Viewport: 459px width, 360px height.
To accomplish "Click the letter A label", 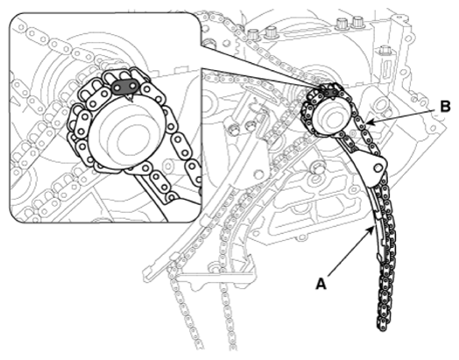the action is (x=321, y=284).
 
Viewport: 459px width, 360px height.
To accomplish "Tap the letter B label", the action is (x=445, y=107).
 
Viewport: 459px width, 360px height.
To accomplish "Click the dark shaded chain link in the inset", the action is (x=125, y=86).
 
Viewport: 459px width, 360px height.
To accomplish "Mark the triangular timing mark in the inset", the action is (x=130, y=96).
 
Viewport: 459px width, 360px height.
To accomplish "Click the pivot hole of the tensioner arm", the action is (x=378, y=166).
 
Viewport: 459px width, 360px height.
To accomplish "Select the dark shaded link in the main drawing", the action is (x=330, y=93).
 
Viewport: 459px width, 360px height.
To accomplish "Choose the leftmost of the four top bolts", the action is (x=253, y=34).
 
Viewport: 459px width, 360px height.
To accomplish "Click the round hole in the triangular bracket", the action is (x=258, y=174).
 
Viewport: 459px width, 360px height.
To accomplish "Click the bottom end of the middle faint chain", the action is (x=232, y=347).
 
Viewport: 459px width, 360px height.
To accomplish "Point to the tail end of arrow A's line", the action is (x=328, y=276).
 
